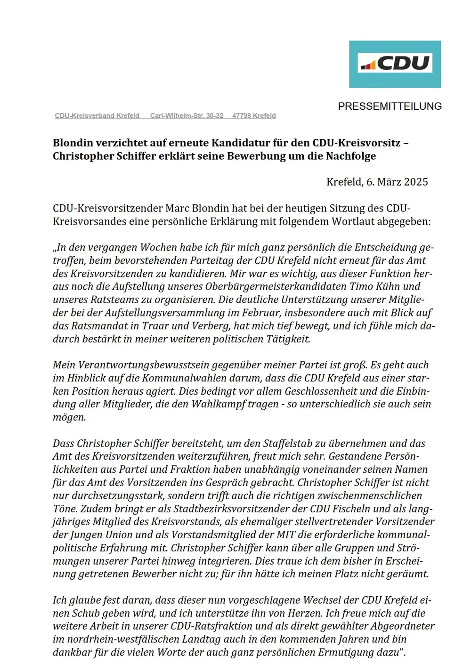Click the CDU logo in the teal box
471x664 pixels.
click(395, 64)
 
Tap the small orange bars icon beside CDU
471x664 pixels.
click(368, 65)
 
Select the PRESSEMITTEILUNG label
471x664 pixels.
click(390, 106)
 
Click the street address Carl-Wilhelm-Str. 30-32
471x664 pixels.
click(187, 116)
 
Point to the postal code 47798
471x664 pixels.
click(242, 116)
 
